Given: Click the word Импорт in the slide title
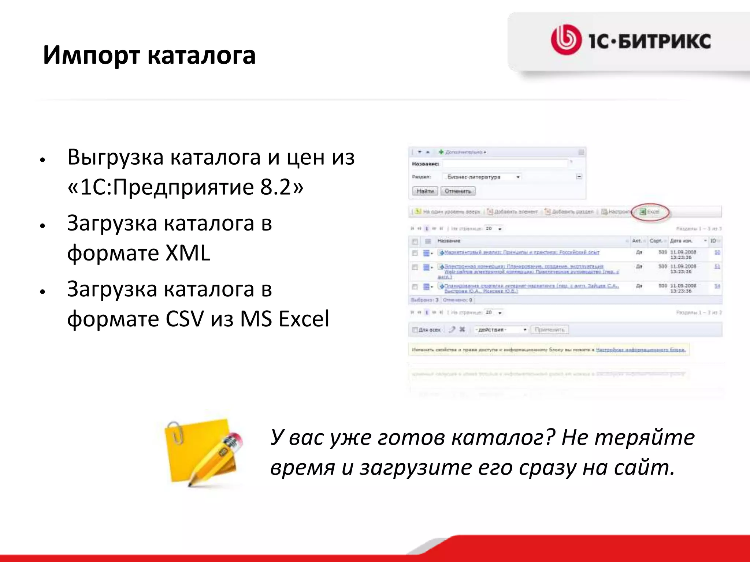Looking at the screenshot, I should [x=91, y=56].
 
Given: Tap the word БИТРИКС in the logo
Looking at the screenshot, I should [x=664, y=41].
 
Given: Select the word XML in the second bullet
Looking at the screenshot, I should [x=187, y=253].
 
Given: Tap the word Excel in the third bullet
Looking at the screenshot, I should [x=304, y=319].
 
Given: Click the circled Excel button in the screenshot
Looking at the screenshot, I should [x=650, y=212].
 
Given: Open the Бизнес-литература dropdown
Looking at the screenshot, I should [x=482, y=177].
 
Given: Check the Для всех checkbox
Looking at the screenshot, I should [x=415, y=330].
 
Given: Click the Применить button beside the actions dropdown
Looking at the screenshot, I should [x=550, y=330].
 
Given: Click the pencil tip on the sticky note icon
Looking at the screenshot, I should [x=190, y=485].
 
